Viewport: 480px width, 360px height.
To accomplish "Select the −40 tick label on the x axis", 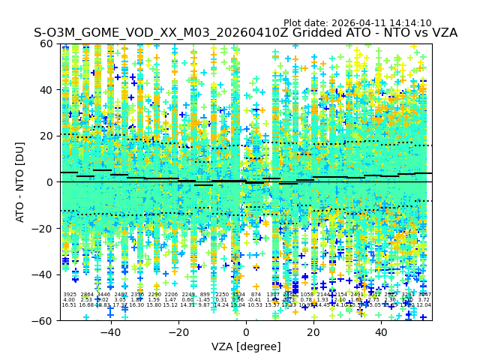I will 110,332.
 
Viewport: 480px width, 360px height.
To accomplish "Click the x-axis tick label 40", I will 381,332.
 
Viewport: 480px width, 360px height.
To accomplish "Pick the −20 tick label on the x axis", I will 178,332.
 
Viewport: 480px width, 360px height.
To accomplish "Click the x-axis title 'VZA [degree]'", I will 246,346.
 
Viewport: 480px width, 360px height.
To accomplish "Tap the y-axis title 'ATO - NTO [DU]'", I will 20,181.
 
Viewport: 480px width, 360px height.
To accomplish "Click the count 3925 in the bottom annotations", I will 70,295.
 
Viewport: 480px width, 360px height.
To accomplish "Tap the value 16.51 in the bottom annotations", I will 70,305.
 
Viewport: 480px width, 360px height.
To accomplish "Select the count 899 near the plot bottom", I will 205,295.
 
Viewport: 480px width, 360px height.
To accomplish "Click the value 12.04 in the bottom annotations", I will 424,305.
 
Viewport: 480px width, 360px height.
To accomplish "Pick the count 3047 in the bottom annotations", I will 424,295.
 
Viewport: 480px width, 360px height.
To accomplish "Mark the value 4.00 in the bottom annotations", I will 70,300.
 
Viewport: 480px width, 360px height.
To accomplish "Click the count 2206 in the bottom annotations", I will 171,295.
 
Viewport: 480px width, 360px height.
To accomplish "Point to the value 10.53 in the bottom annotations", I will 256,305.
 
